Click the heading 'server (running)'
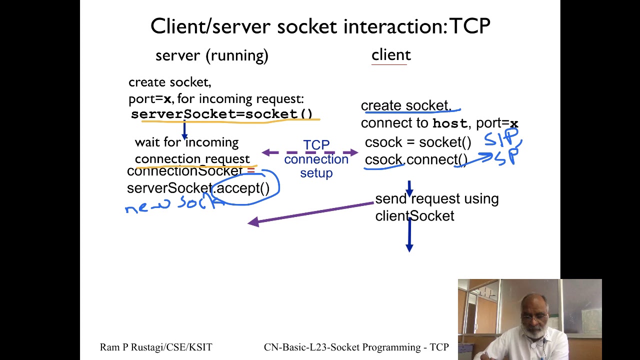[x=211, y=55]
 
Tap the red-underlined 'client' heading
[x=391, y=55]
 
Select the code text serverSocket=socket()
[x=221, y=114]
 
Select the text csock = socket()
[x=417, y=142]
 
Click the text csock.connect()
[x=415, y=160]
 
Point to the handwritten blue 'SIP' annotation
[x=501, y=137]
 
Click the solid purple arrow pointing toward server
[x=310, y=212]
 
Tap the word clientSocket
[x=414, y=216]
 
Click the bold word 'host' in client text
[x=449, y=123]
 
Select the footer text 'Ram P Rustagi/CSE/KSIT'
[x=156, y=347]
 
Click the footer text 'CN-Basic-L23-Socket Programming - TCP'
[x=356, y=347]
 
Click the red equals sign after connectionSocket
[x=250, y=171]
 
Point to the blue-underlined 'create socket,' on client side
[x=405, y=105]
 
